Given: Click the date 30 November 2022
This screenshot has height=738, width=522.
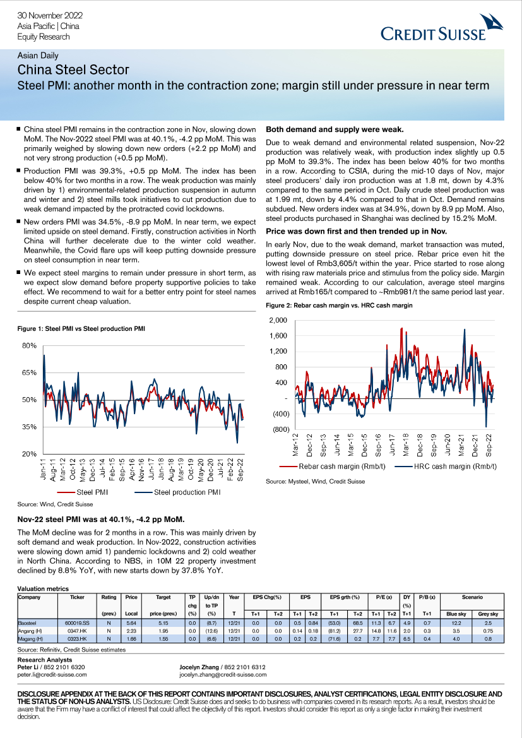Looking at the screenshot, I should [x=50, y=15].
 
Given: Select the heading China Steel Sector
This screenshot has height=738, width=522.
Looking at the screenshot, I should [x=73, y=70].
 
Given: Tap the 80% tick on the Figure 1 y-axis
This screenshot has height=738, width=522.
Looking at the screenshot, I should [x=30, y=346].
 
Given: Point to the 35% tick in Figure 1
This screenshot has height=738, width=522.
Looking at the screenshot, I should [x=30, y=427].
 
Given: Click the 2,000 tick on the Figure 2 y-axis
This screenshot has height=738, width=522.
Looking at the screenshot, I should [x=278, y=321].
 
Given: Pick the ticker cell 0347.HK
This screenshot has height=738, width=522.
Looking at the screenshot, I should [x=78, y=631].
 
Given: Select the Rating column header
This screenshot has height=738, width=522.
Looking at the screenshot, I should [x=109, y=597].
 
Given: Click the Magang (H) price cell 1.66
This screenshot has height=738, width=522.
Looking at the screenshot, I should [x=131, y=639].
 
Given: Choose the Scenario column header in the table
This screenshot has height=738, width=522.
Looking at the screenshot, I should [x=472, y=597].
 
